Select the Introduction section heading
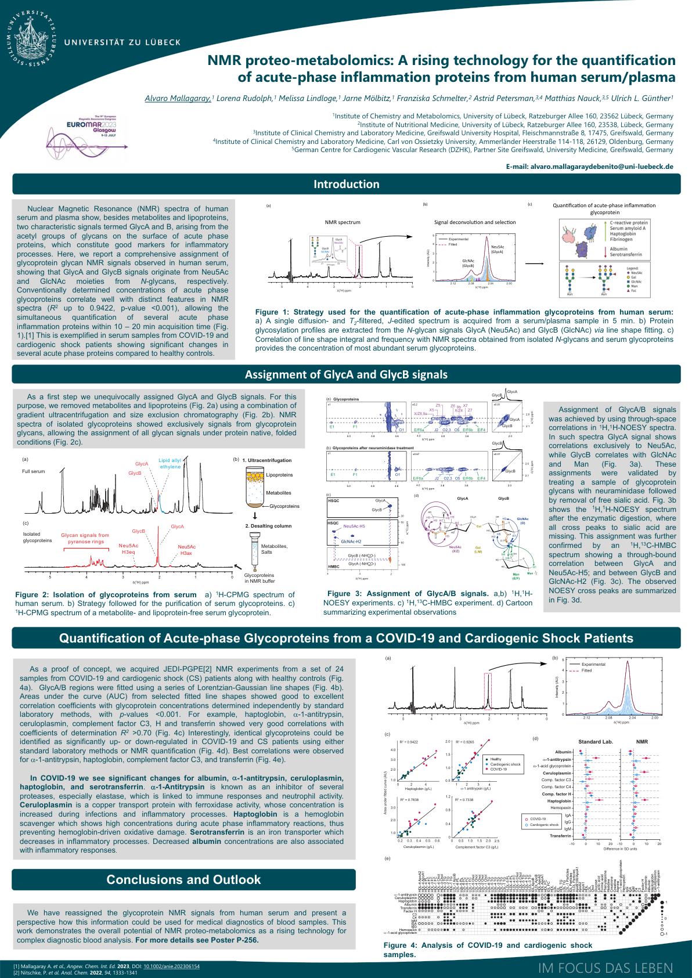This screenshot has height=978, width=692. click(346, 184)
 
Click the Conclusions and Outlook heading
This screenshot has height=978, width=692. click(183, 879)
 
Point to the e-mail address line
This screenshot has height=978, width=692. click(589, 166)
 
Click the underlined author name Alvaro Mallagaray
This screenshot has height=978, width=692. click(178, 98)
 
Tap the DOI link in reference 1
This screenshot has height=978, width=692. click(171, 966)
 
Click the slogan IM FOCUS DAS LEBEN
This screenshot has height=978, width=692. click(605, 968)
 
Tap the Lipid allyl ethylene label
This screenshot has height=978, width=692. click(170, 463)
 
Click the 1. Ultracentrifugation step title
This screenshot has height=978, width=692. click(267, 460)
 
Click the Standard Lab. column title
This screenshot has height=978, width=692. click(595, 742)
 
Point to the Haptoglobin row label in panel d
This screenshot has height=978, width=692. click(559, 801)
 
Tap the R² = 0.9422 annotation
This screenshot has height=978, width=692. click(409, 742)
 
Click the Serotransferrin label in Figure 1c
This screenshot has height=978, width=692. click(625, 254)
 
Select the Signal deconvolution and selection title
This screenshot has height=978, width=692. click(474, 222)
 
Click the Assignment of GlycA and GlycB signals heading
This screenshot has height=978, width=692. click(346, 374)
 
